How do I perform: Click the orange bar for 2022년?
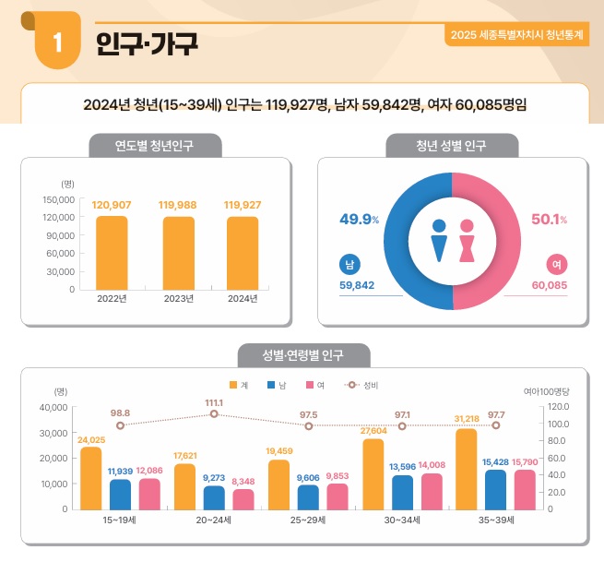click(112, 253)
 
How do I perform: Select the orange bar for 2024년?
click(243, 253)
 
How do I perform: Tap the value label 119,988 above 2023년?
click(177, 205)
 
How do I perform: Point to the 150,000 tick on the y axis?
click(58, 199)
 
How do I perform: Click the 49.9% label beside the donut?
click(359, 219)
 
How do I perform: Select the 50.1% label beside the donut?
click(549, 219)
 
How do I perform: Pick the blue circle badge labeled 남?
click(349, 265)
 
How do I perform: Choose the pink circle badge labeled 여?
click(556, 265)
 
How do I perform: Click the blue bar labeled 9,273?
click(214, 496)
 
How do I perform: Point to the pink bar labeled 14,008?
click(432, 490)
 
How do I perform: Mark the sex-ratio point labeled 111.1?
click(214, 413)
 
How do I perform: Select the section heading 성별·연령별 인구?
click(302, 355)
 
